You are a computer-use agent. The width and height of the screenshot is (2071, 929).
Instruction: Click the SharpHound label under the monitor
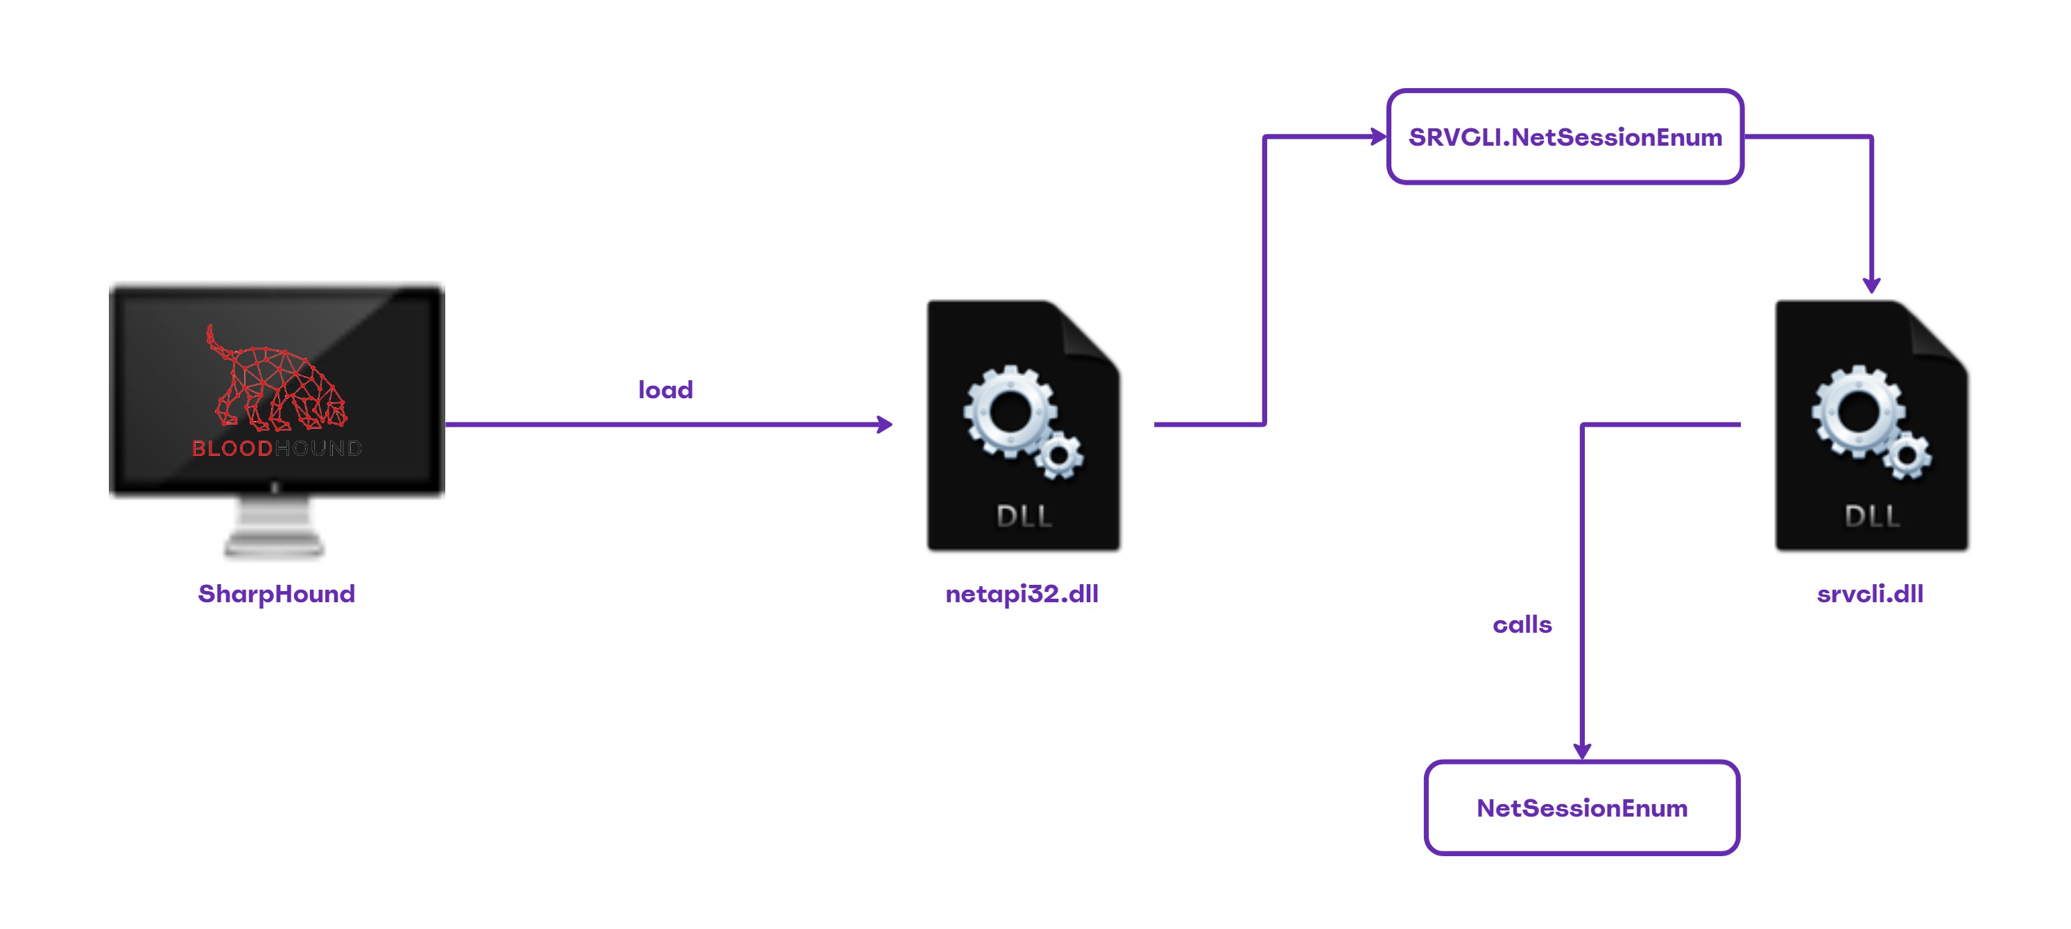point(276,594)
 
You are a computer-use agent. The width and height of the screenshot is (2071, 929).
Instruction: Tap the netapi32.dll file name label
point(1021,594)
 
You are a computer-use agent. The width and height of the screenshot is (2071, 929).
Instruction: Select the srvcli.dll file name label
point(1869,594)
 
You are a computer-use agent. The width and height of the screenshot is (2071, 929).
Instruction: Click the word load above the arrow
point(665,390)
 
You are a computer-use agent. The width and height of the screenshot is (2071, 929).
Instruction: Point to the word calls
point(1521,625)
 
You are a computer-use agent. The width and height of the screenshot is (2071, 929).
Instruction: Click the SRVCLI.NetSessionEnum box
point(1565,137)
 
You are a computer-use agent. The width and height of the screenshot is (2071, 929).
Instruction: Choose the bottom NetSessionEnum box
point(1581,808)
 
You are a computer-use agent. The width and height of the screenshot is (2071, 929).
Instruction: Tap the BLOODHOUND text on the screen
point(276,448)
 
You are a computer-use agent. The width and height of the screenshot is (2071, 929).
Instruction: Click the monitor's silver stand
point(274,527)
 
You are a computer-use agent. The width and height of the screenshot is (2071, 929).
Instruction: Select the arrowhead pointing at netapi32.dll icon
point(884,424)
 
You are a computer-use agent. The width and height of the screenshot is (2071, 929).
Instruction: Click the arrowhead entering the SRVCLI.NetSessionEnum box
point(1378,137)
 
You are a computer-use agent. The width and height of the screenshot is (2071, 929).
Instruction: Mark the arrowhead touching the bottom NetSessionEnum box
point(1581,751)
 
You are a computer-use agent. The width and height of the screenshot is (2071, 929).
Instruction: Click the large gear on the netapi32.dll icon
point(1011,411)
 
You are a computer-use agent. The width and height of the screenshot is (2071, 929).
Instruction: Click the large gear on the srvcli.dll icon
point(1859,411)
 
